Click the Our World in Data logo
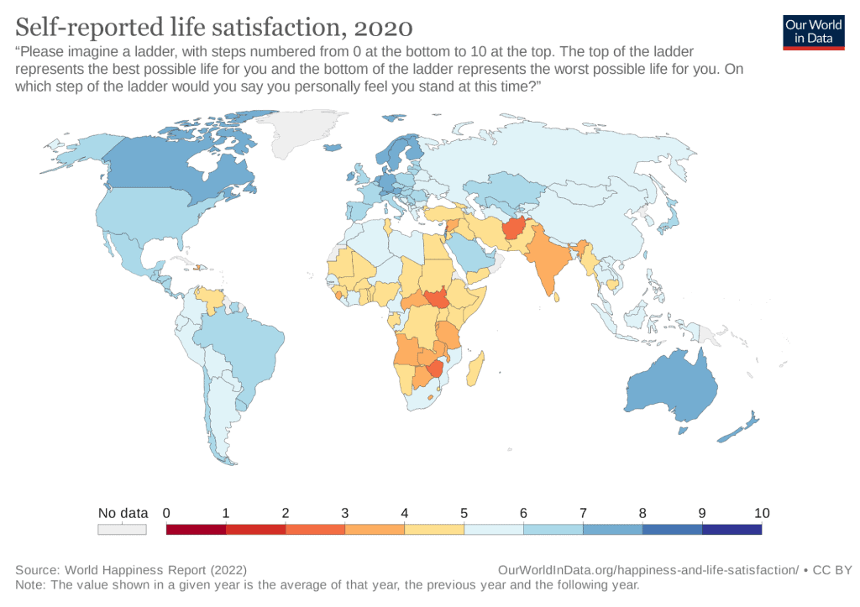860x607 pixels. pyautogui.click(x=813, y=31)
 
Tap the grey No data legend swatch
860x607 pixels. pyautogui.click(x=123, y=530)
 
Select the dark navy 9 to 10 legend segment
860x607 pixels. pyautogui.click(x=732, y=530)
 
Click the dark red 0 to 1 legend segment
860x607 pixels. pyautogui.click(x=197, y=530)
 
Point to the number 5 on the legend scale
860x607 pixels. pyautogui.click(x=464, y=513)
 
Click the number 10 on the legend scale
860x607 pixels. pyautogui.click(x=762, y=513)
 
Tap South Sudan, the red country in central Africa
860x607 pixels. pyautogui.click(x=437, y=299)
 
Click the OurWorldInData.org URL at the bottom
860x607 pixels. pyautogui.click(x=648, y=570)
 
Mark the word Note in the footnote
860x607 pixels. pyautogui.click(x=29, y=584)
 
